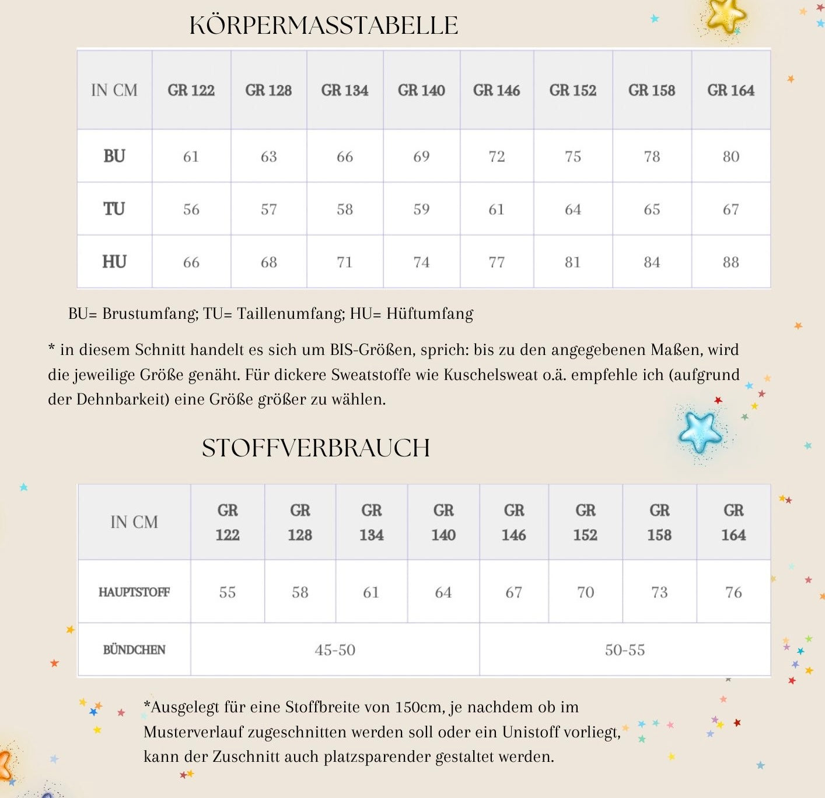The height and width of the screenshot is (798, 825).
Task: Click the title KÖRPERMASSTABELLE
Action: tap(324, 26)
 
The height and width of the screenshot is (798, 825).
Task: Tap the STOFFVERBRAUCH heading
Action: tap(316, 448)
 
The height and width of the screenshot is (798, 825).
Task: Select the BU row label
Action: tap(114, 156)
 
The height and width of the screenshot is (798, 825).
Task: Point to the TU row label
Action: tap(114, 209)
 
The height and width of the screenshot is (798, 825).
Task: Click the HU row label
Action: tap(114, 262)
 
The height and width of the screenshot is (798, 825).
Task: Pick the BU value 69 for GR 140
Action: tap(421, 157)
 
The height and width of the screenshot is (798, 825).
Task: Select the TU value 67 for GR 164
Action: tap(730, 210)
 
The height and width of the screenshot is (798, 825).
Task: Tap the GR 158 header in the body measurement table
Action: tap(652, 90)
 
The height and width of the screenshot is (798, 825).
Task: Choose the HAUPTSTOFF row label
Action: tap(134, 592)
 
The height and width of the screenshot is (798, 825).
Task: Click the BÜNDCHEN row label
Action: tap(134, 650)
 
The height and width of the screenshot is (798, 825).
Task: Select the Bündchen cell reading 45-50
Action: tap(335, 650)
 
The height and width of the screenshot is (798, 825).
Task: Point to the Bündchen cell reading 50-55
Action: tap(625, 650)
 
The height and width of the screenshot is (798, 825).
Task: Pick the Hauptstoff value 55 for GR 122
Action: tap(228, 593)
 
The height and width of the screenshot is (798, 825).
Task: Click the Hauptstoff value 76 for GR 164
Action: tap(733, 593)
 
